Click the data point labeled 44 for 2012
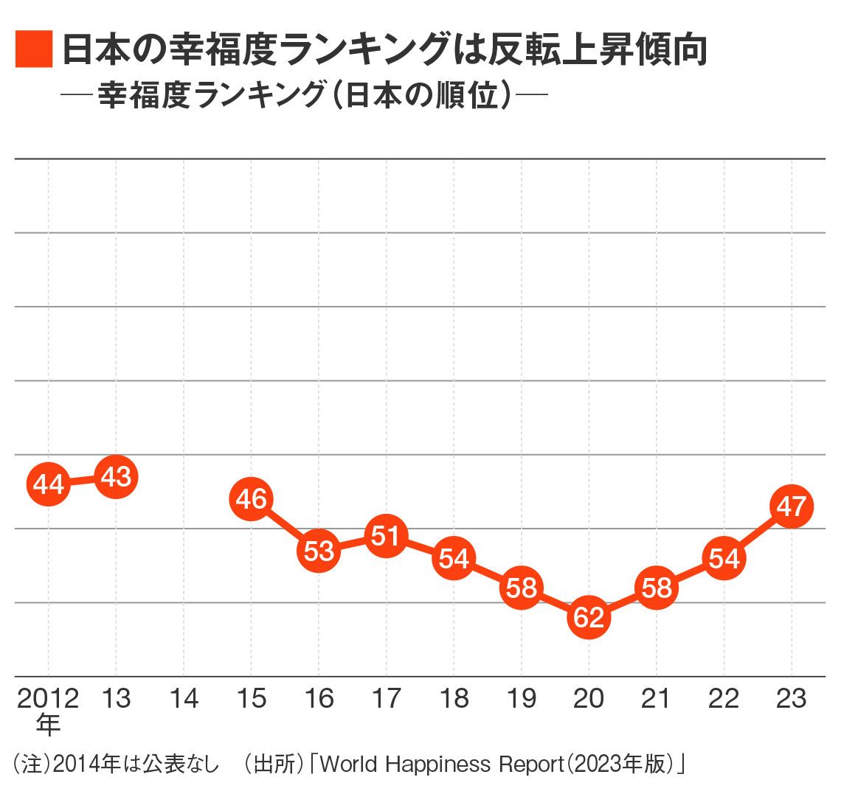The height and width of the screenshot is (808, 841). point(48,484)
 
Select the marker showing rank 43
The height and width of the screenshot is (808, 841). point(116,477)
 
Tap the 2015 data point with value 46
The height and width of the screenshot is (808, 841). point(251,498)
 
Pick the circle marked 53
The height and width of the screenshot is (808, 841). point(319,551)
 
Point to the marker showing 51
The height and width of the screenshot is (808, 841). point(386,536)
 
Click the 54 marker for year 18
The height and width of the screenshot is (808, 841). point(454,558)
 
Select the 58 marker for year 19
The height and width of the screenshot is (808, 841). point(522,588)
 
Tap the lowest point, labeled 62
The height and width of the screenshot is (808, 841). point(589,617)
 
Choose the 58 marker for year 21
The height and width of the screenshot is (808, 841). point(657,588)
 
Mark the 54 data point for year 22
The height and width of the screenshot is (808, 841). point(724,558)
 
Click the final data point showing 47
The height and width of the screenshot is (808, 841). point(792,506)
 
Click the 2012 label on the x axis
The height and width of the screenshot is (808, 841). point(48,699)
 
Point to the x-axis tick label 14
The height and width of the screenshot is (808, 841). point(184,699)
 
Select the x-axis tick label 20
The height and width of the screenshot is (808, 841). point(589,699)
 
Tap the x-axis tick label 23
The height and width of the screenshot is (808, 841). point(792,699)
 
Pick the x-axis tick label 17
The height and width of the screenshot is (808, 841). point(386,699)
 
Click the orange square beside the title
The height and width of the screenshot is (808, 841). point(34,49)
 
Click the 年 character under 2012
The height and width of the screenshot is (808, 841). point(48,725)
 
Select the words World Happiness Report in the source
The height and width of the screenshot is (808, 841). point(443,765)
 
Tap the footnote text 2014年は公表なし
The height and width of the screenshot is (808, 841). point(136,765)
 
